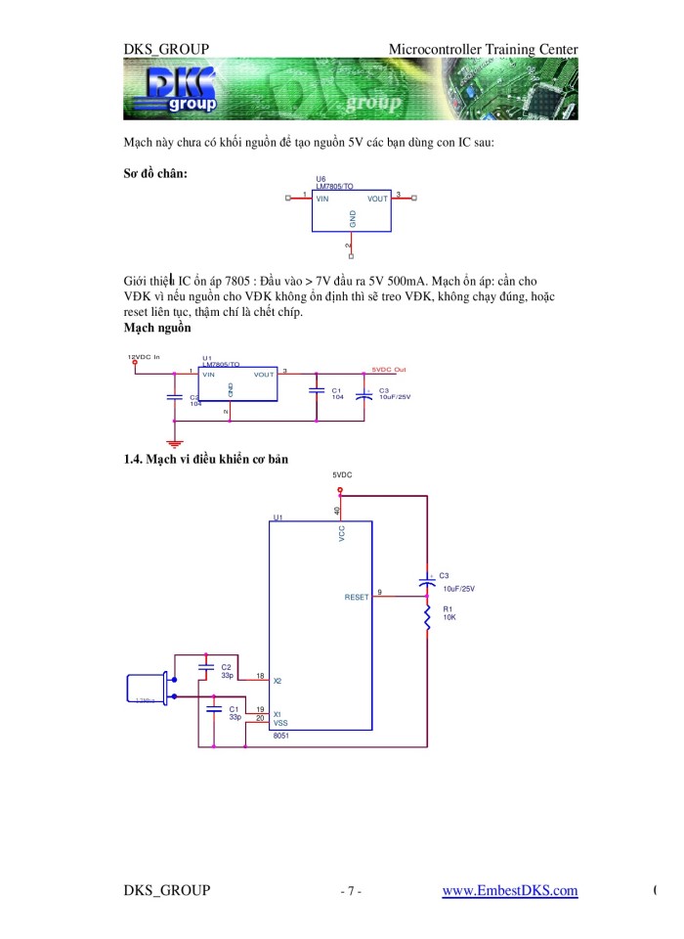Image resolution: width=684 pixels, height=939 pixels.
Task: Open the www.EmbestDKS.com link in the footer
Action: (x=509, y=890)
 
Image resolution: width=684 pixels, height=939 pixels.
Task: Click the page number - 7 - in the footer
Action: (x=351, y=891)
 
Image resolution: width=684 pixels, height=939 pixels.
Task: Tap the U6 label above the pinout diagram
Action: (x=321, y=179)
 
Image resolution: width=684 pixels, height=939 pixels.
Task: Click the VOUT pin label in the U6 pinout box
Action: (x=377, y=199)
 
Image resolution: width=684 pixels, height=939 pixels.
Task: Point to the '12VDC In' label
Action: (x=144, y=357)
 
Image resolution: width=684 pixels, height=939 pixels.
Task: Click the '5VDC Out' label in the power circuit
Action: (x=389, y=370)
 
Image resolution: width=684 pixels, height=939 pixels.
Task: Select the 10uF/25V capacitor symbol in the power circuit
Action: (x=364, y=394)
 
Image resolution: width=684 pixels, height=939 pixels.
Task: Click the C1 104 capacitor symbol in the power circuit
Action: (x=317, y=391)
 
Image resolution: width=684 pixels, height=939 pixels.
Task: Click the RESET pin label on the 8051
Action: (x=357, y=597)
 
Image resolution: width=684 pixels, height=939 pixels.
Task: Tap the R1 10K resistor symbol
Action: (x=426, y=616)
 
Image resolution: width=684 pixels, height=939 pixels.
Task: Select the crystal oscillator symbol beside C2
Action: (x=147, y=687)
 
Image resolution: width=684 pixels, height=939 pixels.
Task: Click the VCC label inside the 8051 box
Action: (x=343, y=533)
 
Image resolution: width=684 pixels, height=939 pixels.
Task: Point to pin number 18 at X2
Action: (x=260, y=676)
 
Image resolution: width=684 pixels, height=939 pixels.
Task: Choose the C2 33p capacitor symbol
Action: (x=206, y=668)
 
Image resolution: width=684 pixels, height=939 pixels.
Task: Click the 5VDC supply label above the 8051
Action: (x=342, y=473)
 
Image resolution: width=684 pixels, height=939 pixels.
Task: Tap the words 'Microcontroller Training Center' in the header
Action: (x=482, y=49)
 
